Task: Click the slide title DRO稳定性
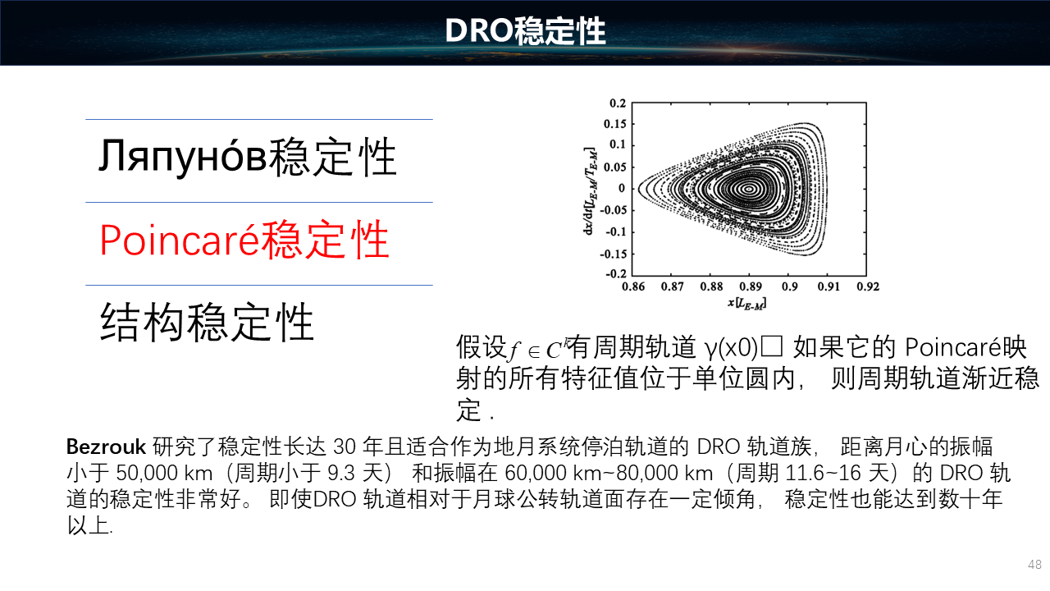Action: (525, 31)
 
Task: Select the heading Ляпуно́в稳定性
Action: (248, 157)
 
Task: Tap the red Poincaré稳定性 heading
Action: (244, 240)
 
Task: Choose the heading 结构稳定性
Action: (207, 322)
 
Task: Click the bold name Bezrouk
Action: (106, 447)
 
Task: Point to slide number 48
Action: (1034, 564)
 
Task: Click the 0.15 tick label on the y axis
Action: (615, 124)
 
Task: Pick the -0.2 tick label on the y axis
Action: (615, 273)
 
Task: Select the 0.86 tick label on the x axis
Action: (633, 286)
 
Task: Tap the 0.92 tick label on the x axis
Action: (868, 286)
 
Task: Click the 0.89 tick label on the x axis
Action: (751, 286)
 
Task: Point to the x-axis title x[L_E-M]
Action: (747, 304)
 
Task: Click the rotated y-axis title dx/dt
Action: (590, 191)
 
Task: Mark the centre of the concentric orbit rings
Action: (749, 190)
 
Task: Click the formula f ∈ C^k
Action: (537, 349)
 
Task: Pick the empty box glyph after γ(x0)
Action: (772, 346)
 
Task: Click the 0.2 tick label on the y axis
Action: (618, 103)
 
